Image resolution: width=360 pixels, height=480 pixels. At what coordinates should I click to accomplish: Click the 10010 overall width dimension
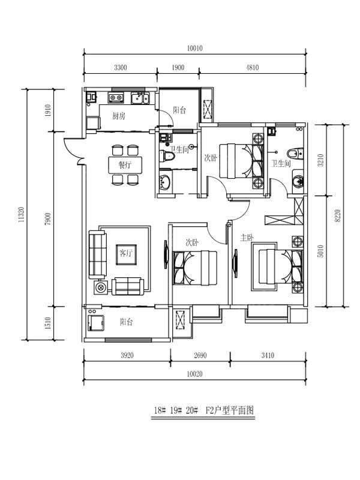[x=194, y=49]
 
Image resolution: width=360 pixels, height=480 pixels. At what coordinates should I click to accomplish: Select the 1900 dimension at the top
[x=178, y=67]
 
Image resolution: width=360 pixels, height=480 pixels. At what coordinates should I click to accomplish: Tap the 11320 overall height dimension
[x=21, y=214]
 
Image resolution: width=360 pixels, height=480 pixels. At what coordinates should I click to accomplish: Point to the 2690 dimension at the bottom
[x=200, y=355]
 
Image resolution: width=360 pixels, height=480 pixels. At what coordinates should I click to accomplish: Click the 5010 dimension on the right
[x=320, y=251]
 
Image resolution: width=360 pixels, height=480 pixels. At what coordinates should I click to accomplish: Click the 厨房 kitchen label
[x=118, y=116]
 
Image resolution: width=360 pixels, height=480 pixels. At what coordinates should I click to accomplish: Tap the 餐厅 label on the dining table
[x=125, y=166]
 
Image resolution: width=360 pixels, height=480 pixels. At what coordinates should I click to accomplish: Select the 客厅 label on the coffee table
[x=126, y=253]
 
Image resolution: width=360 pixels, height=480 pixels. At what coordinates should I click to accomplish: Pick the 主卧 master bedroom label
[x=247, y=238]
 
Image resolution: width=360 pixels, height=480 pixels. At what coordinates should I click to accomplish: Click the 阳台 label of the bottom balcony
[x=126, y=322]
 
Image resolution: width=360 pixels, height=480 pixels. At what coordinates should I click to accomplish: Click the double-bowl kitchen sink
[x=140, y=98]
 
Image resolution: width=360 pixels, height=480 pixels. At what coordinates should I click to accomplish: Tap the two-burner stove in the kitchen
[x=115, y=98]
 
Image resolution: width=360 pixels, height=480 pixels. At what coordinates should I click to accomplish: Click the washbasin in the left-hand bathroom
[x=166, y=182]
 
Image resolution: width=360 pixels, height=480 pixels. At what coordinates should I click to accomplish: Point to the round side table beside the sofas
[x=100, y=288]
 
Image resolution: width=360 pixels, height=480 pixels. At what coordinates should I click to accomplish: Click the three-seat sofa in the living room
[x=97, y=254]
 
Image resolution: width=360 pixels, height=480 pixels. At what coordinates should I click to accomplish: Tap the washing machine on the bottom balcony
[x=95, y=323]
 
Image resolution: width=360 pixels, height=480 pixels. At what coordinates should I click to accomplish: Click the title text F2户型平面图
[x=230, y=410]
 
